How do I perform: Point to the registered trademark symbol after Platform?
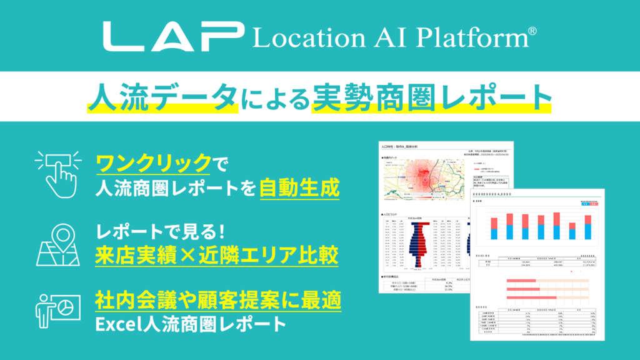click(532, 29)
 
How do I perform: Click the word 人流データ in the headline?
click(163, 97)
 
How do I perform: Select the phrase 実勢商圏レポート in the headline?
click(431, 97)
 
